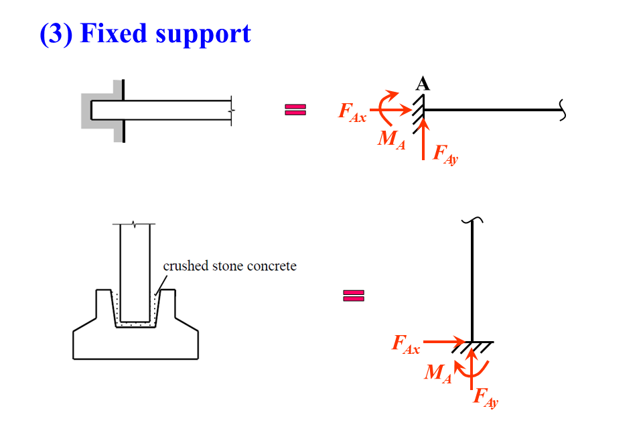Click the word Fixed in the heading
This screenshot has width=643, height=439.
tap(113, 33)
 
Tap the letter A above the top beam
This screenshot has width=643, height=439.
tap(423, 84)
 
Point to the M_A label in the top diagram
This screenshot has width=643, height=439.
tap(392, 140)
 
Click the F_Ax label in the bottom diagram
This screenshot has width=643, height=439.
tap(406, 346)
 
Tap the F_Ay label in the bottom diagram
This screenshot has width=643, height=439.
tap(486, 397)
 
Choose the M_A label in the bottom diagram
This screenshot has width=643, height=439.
tap(438, 374)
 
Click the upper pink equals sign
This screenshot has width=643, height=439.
tap(295, 110)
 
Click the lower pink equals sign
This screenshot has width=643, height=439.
tap(354, 296)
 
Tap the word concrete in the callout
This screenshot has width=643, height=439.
tap(271, 266)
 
